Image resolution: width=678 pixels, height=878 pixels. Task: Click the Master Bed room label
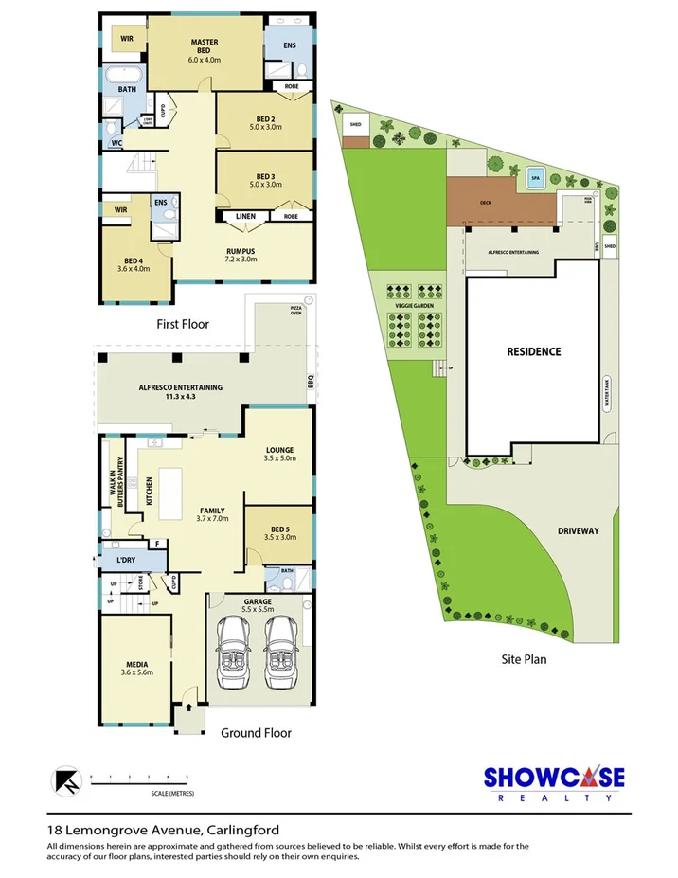coord(205,50)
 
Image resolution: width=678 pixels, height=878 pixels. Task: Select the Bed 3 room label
coord(264,179)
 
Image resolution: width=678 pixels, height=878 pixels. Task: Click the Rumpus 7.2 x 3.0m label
coord(241,255)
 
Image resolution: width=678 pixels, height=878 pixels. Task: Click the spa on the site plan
coord(534,177)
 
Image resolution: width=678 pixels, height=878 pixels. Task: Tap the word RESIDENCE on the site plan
coord(533,351)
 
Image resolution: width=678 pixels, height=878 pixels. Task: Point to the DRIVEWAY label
coord(577,531)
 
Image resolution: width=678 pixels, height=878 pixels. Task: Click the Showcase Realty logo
coord(554,782)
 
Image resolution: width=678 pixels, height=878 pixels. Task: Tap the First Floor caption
coord(183,324)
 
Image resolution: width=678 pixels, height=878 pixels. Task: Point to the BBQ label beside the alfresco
coord(309,383)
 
